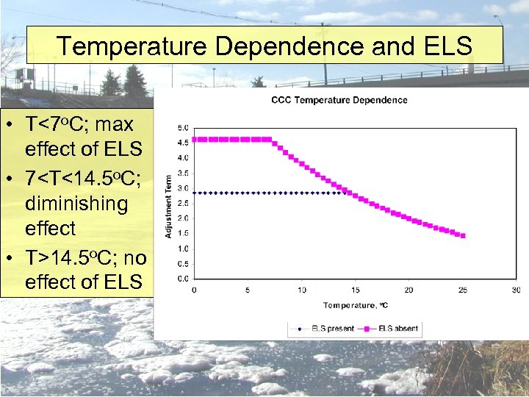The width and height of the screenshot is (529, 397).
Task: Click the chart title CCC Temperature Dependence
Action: pos(339,100)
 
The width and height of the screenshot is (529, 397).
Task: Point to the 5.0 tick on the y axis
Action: pos(182,127)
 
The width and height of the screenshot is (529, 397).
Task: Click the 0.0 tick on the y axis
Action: pos(182,279)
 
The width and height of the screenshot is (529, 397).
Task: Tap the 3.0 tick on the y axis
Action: pos(182,188)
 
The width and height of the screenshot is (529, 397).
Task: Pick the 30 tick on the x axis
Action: pos(516,290)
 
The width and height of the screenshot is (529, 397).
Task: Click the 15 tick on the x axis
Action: pos(355,290)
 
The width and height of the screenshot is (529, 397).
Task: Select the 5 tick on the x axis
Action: pos(248,290)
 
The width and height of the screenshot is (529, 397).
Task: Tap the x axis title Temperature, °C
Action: pos(355,304)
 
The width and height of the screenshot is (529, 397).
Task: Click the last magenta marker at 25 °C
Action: pos(462,236)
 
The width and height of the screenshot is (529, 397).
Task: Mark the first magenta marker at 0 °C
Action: pos(194,139)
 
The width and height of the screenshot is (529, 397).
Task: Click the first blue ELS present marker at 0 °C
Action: pos(194,193)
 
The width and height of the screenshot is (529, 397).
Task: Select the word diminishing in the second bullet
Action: pos(76,203)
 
